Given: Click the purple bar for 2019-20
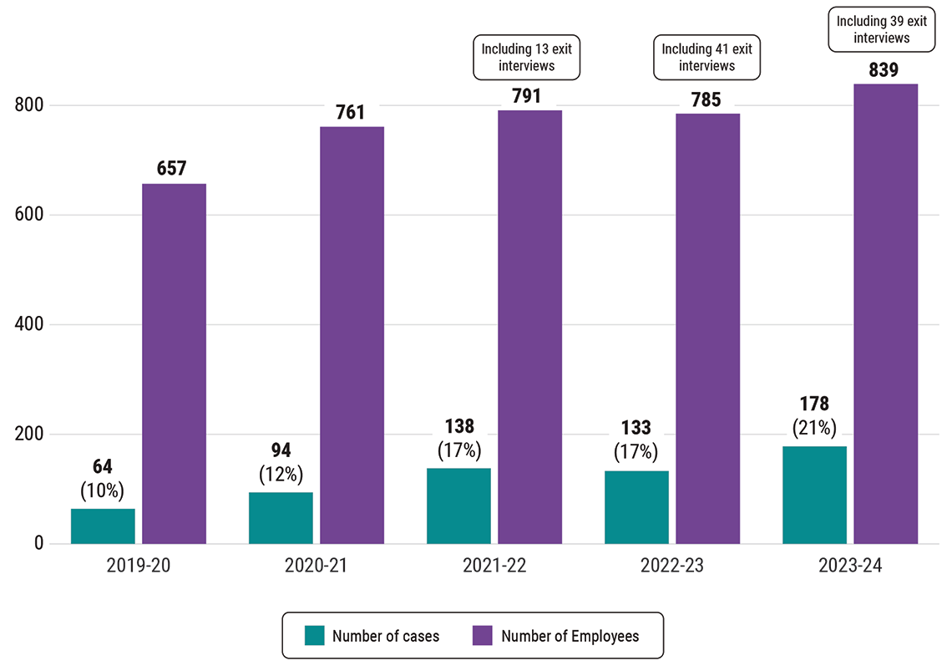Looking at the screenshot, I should coord(174,364).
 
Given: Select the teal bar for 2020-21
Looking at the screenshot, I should coord(281,518).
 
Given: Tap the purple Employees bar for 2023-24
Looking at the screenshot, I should coord(885,313).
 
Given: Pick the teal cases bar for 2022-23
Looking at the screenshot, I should coord(636,507).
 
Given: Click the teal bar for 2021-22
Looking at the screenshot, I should coord(458,506).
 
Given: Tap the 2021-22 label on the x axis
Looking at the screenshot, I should coord(494,566).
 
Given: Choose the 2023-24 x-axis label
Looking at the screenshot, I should coord(850,566).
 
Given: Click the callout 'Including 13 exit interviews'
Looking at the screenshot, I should coord(526,58).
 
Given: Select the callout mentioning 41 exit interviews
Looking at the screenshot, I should coord(706,58).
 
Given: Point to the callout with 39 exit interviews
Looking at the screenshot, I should coord(882,29).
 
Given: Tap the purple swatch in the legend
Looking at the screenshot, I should coord(482,636).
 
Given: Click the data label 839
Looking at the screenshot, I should coord(884,70).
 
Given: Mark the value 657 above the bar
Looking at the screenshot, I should coord(172,169).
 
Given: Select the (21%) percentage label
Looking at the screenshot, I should coord(814,429).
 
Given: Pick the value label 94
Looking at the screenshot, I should coord(281,452).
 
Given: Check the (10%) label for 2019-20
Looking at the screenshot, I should coord(102,490).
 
